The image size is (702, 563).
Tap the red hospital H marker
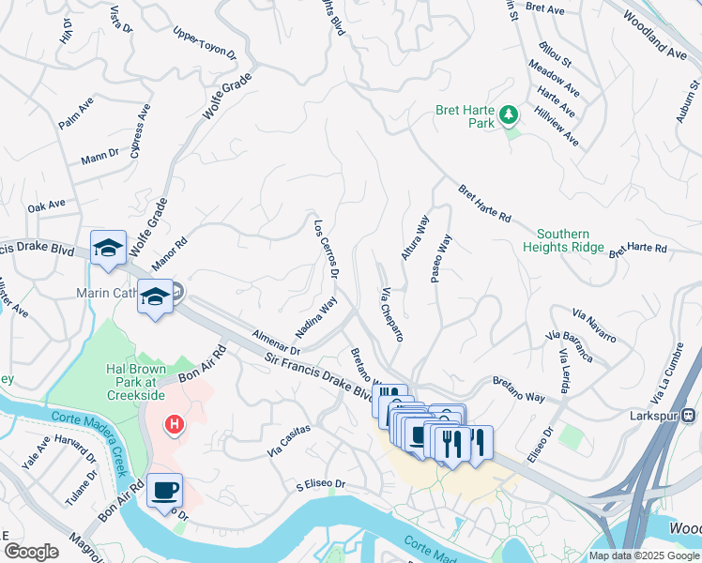(x=174, y=426)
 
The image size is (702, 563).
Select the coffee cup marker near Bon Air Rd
(x=165, y=491)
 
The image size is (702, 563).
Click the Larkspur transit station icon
(x=689, y=414)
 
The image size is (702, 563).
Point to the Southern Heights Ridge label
(x=563, y=240)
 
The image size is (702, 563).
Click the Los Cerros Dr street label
(x=326, y=248)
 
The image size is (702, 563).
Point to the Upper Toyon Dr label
(x=204, y=42)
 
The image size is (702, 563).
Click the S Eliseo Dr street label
(x=321, y=485)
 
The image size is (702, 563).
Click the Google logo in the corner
(x=31, y=552)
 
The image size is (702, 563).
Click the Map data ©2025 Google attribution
(x=644, y=555)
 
